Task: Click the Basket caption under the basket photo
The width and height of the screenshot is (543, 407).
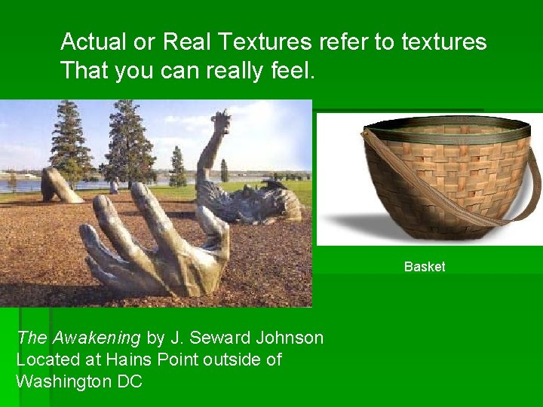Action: pyautogui.click(x=425, y=267)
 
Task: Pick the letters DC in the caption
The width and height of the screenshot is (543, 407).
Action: pyautogui.click(x=130, y=381)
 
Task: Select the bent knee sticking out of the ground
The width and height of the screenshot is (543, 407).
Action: pyautogui.click(x=60, y=186)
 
